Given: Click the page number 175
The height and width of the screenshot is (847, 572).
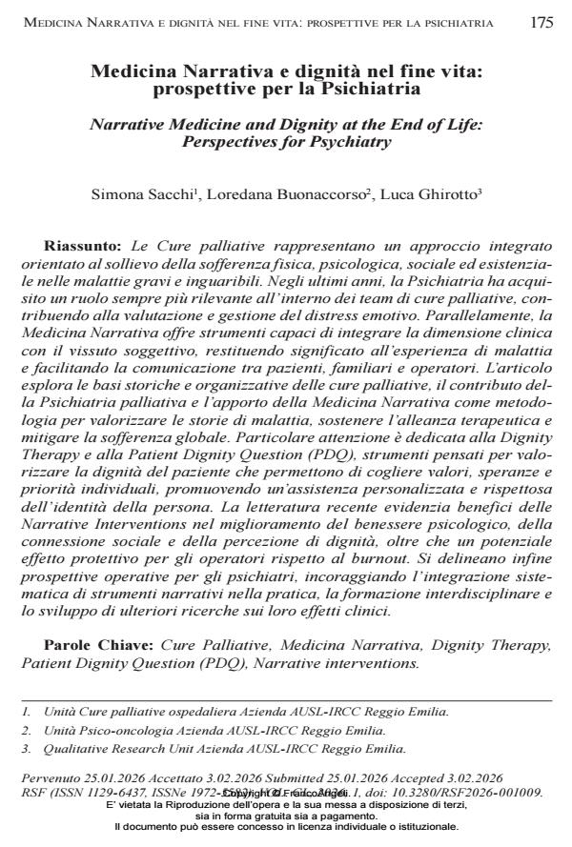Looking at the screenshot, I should [x=541, y=23].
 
